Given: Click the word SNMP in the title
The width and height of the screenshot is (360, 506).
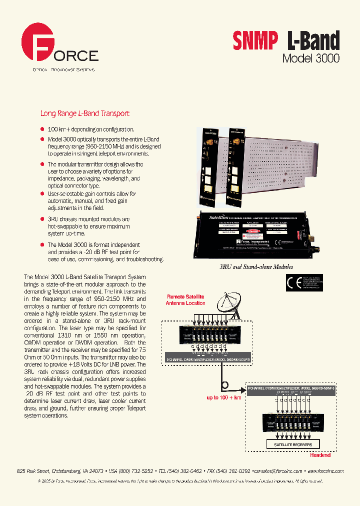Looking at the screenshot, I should [x=254, y=41].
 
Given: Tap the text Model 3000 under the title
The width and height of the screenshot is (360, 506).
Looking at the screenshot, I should [x=310, y=58].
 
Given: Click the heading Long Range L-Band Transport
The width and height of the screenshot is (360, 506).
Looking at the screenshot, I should [x=84, y=114].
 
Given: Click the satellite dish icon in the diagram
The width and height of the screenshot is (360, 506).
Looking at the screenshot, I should [x=227, y=304].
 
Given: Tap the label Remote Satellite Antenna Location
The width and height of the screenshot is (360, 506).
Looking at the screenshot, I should [x=185, y=300].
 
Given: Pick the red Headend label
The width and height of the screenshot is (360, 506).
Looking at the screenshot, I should [x=320, y=455].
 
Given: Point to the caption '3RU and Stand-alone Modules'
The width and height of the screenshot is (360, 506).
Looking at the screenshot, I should [x=256, y=267].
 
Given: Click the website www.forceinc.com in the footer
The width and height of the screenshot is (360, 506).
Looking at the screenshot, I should [x=324, y=471].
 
